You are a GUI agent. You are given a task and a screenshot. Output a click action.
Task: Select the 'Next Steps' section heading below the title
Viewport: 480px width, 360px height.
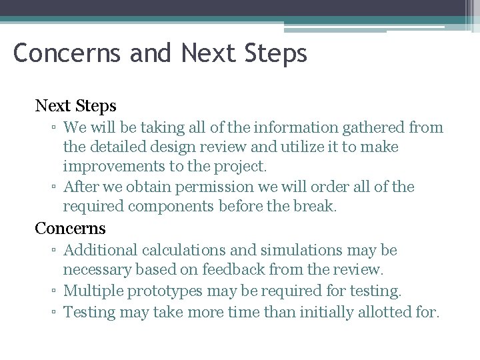[75, 105]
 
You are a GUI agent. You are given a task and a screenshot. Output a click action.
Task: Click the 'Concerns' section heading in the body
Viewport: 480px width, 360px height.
[70, 228]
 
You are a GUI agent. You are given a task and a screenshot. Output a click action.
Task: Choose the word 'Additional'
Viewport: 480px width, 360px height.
[101, 251]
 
